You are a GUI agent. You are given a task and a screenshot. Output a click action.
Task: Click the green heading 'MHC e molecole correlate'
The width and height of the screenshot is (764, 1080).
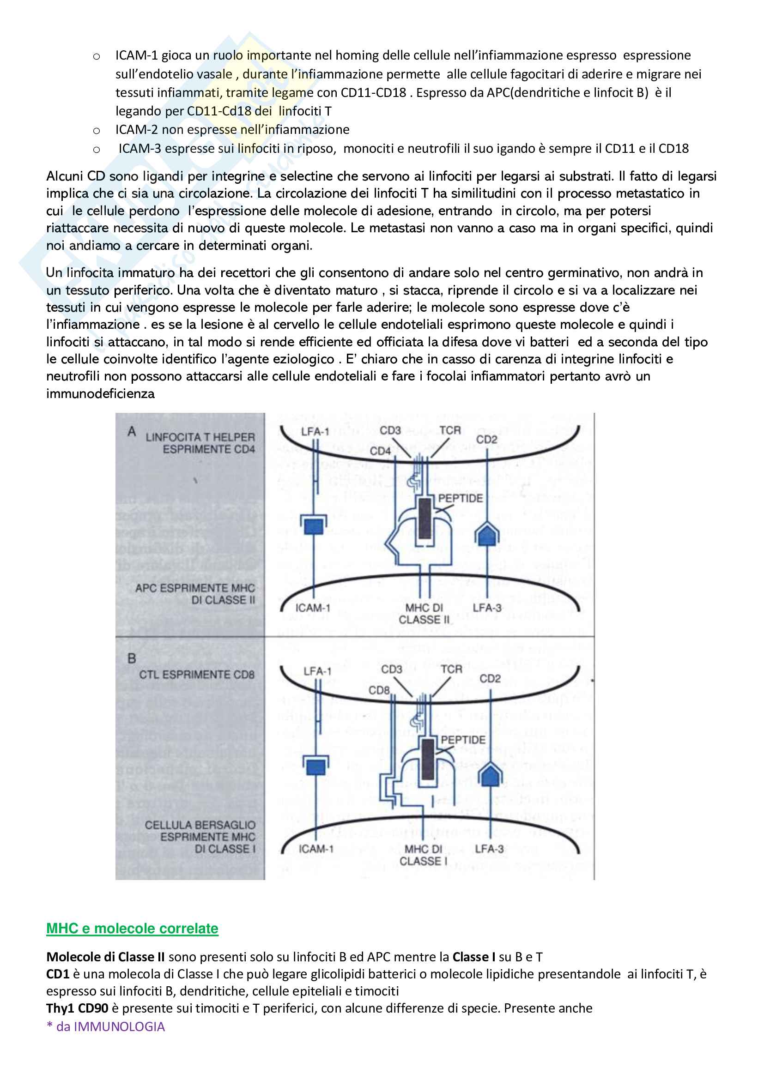click(x=132, y=928)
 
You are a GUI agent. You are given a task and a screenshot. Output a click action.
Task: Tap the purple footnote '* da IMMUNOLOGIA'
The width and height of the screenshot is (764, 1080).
click(x=105, y=1026)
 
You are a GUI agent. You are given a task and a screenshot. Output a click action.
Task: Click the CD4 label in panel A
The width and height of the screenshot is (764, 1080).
click(x=380, y=451)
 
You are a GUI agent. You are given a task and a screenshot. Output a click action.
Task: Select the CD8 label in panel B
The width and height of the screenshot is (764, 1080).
click(x=379, y=690)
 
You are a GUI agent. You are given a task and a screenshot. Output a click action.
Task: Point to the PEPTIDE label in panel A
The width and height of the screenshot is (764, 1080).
click(x=461, y=498)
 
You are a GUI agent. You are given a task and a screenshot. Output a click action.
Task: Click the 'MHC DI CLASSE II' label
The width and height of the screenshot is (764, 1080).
click(x=424, y=613)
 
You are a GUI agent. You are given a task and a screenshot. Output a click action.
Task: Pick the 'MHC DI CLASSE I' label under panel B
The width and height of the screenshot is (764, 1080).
click(x=424, y=855)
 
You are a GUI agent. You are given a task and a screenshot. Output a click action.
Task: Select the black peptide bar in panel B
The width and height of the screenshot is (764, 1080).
click(x=428, y=759)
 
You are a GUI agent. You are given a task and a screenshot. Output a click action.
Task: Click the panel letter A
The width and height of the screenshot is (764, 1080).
click(x=132, y=431)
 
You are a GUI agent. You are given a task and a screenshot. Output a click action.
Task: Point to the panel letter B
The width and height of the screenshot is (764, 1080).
click(x=132, y=658)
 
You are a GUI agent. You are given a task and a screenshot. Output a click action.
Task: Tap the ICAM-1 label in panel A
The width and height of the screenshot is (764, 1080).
click(x=313, y=608)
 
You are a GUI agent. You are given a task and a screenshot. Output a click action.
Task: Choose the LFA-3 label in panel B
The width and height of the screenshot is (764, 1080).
click(x=489, y=849)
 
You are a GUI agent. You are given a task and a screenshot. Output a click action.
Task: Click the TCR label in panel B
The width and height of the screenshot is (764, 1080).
click(x=452, y=669)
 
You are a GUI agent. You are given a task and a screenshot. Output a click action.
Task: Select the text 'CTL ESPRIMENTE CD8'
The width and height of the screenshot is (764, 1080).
click(x=197, y=675)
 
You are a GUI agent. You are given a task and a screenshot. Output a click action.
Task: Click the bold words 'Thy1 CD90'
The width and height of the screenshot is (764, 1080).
click(x=77, y=1008)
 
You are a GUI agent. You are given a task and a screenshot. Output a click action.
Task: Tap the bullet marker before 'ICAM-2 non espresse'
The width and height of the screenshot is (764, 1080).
click(x=97, y=131)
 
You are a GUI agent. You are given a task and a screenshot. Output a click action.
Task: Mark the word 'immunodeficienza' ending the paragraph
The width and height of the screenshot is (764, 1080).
click(x=100, y=393)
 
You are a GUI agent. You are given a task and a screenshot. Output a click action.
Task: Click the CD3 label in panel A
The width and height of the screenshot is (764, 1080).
click(x=390, y=430)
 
